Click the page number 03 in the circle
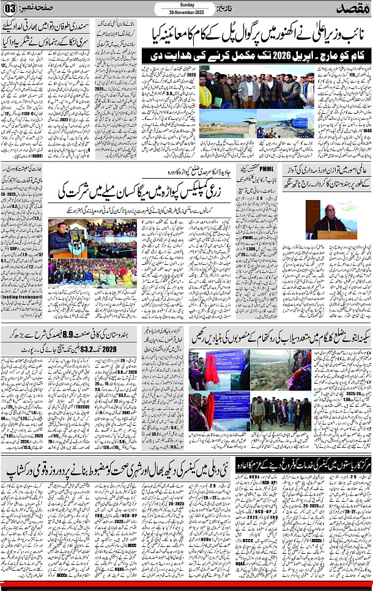[x=10, y=8]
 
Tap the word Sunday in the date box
[x=186, y=4]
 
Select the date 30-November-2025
[x=186, y=12]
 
